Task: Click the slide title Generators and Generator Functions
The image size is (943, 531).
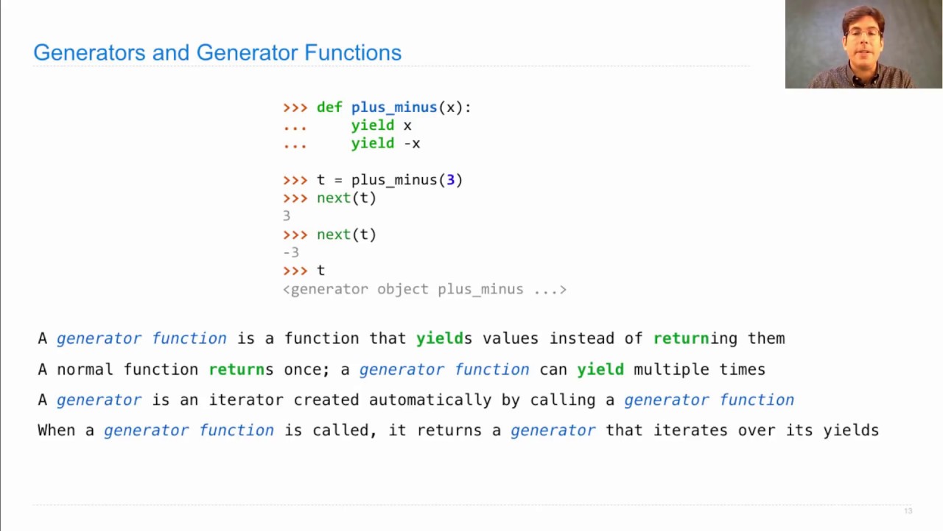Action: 217,52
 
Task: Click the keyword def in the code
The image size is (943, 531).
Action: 329,108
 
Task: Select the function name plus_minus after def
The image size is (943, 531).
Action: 393,108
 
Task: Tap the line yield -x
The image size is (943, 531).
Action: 385,144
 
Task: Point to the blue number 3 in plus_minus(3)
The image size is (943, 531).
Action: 450,180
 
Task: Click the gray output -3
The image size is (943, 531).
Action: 291,252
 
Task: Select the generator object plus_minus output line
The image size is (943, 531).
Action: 424,289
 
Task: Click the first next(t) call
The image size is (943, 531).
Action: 346,198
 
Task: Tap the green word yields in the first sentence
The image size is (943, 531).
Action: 444,339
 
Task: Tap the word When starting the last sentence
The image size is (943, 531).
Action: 56,430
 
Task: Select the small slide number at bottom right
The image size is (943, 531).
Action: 908,511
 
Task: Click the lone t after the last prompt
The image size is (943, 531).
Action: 320,271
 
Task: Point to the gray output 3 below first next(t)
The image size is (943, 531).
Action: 287,216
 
